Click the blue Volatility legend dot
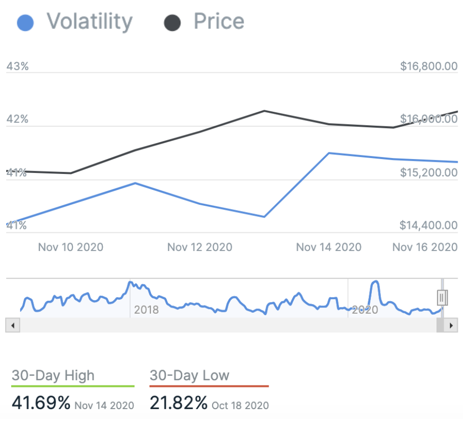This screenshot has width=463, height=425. pyautogui.click(x=25, y=23)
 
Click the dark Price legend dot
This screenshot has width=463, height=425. pyautogui.click(x=172, y=23)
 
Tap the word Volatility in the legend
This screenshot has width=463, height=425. pyautogui.click(x=89, y=22)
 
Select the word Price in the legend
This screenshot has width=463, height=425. pyautogui.click(x=218, y=22)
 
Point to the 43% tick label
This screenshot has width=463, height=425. pyautogui.click(x=17, y=66)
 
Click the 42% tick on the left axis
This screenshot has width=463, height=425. pyautogui.click(x=17, y=120)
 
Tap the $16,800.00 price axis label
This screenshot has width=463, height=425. pyautogui.click(x=429, y=66)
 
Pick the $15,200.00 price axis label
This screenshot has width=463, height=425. pyautogui.click(x=429, y=172)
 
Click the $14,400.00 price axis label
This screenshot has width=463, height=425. pyautogui.click(x=429, y=225)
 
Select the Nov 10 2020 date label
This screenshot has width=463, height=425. pyautogui.click(x=70, y=247)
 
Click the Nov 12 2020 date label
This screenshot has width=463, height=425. pyautogui.click(x=200, y=247)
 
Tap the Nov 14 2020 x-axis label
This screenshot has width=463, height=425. pyautogui.click(x=328, y=247)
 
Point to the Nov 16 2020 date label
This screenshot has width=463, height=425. pyautogui.click(x=424, y=247)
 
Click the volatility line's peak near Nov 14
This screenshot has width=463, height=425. pyautogui.click(x=328, y=153)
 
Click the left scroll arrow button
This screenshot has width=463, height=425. pyautogui.click(x=12, y=326)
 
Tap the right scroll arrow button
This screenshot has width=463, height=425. pyautogui.click(x=451, y=326)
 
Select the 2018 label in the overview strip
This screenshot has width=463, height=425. pyautogui.click(x=146, y=309)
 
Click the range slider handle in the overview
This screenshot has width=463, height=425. pyautogui.click(x=442, y=298)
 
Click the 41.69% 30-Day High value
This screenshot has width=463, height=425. pyautogui.click(x=41, y=403)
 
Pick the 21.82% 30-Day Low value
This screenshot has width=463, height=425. pyautogui.click(x=179, y=403)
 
